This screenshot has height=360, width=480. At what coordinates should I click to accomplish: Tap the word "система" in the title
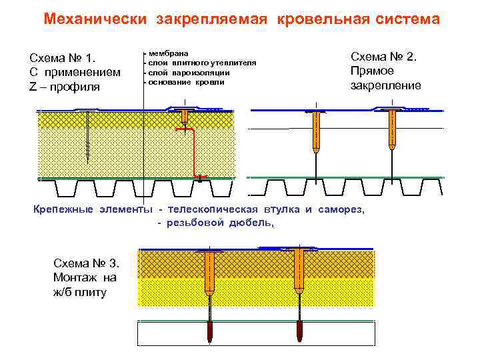[x=406, y=19]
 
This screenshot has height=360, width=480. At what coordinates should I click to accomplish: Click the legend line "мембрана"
[x=168, y=53]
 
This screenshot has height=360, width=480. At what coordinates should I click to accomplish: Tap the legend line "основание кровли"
[x=186, y=82]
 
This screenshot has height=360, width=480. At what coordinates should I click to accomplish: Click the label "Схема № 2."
[x=383, y=56]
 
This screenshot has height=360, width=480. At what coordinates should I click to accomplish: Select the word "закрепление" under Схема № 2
[x=386, y=85]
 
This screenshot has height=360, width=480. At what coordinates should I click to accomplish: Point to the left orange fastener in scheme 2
[x=315, y=130]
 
